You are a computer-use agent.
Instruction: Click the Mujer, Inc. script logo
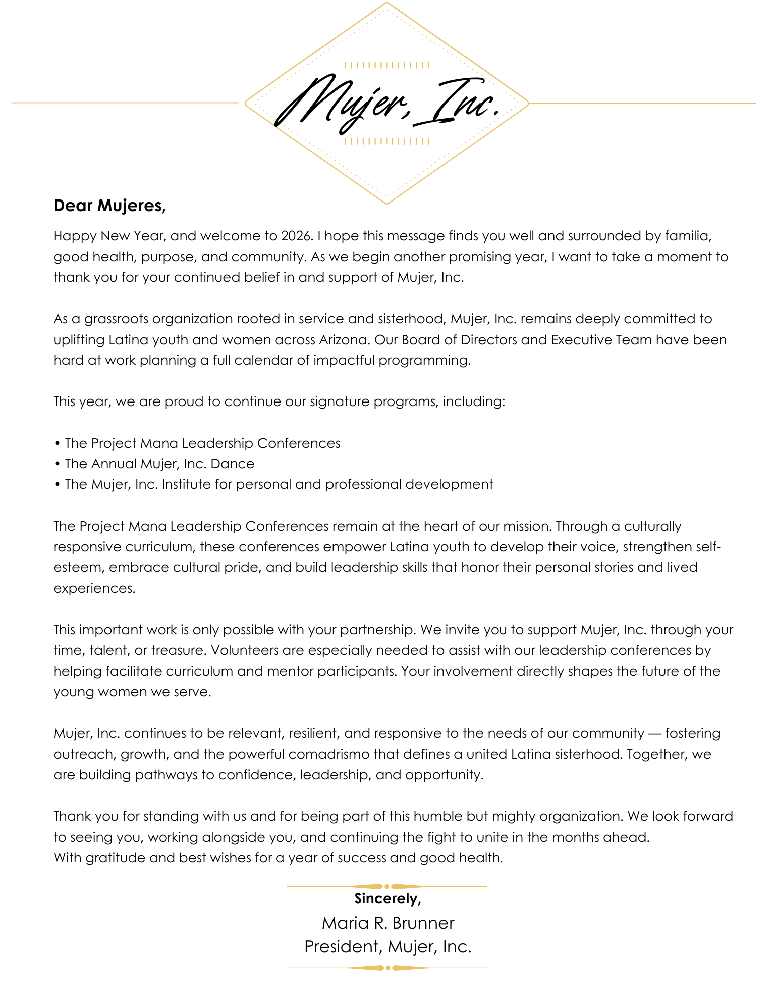(x=387, y=103)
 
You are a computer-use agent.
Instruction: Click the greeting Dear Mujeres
(x=109, y=206)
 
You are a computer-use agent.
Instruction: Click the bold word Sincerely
(x=387, y=898)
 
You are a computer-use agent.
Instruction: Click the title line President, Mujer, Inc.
(x=388, y=947)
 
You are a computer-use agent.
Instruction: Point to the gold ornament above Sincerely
(x=387, y=886)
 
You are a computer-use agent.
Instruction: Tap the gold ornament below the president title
(x=388, y=968)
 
